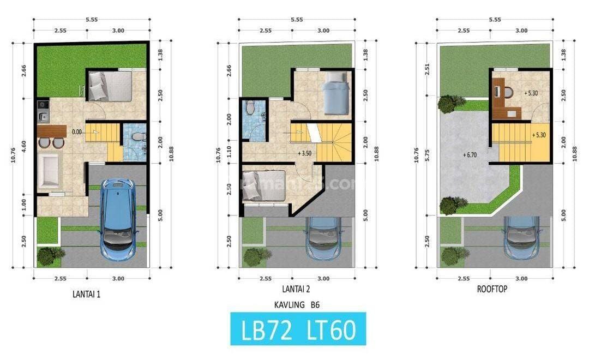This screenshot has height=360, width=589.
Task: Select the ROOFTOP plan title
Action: tap(492, 289)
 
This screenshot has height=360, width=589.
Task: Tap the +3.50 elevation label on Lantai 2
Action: tap(305, 154)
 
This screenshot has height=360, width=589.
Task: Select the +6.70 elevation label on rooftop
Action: tap(471, 154)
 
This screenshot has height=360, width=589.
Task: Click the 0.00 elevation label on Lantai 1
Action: tap(76, 131)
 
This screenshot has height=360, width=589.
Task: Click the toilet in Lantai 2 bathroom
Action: tap(250, 109)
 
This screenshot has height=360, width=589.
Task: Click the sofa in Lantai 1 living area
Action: tap(50, 171)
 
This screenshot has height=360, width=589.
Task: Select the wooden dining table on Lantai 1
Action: tap(52, 131)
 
